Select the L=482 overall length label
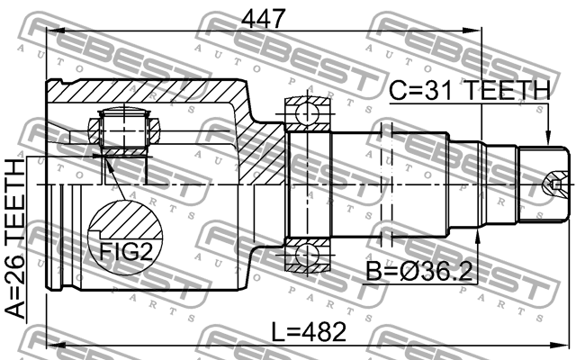[x=309, y=331]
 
